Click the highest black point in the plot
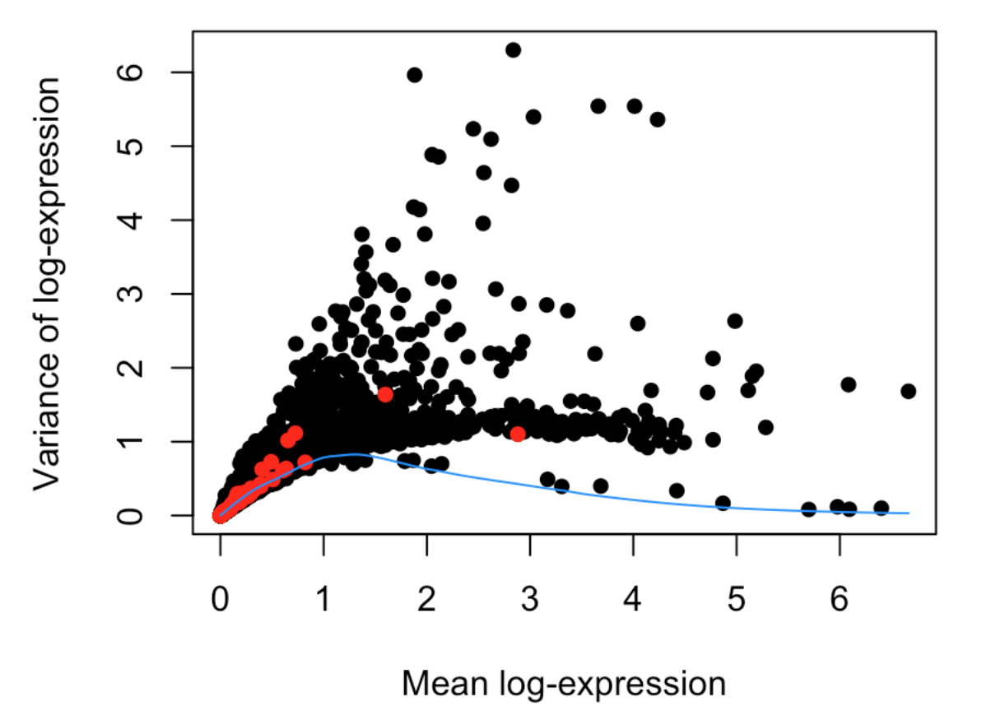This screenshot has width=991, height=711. pyautogui.click(x=513, y=50)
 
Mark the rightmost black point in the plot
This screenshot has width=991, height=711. pyautogui.click(x=909, y=391)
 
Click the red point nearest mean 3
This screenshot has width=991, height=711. pyautogui.click(x=518, y=434)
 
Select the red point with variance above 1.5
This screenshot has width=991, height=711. pyautogui.click(x=385, y=394)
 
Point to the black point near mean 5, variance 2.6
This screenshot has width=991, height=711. pyautogui.click(x=735, y=321)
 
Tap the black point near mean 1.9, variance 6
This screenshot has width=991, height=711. pyautogui.click(x=415, y=75)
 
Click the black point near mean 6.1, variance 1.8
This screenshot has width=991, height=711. pyautogui.click(x=849, y=384)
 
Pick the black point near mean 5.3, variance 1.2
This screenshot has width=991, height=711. pyautogui.click(x=765, y=427)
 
